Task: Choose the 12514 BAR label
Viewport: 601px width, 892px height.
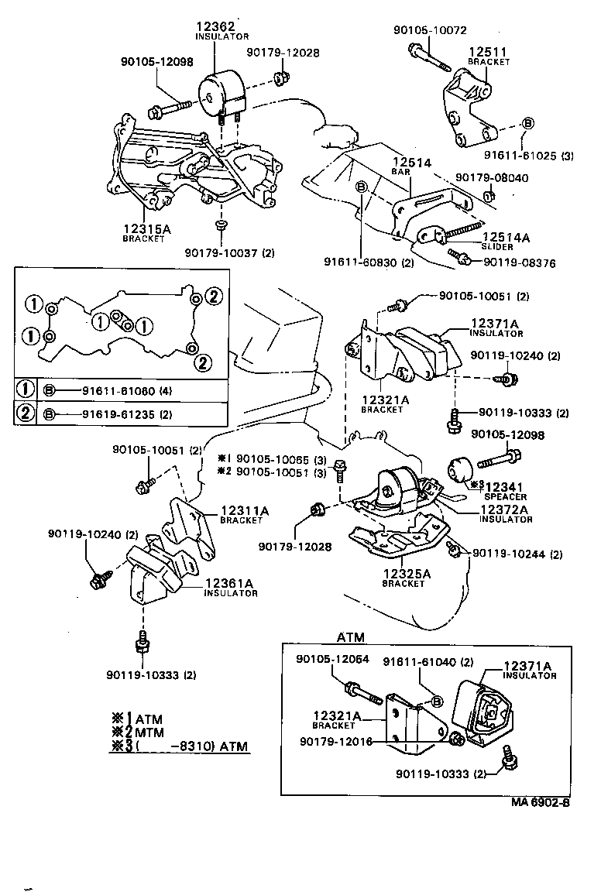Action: point(410,163)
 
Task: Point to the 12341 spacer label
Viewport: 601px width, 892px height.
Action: point(506,486)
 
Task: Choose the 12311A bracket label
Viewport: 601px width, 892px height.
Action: point(244,511)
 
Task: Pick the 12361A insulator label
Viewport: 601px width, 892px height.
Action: point(230,584)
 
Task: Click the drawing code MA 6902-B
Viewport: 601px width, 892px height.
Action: point(540,802)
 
